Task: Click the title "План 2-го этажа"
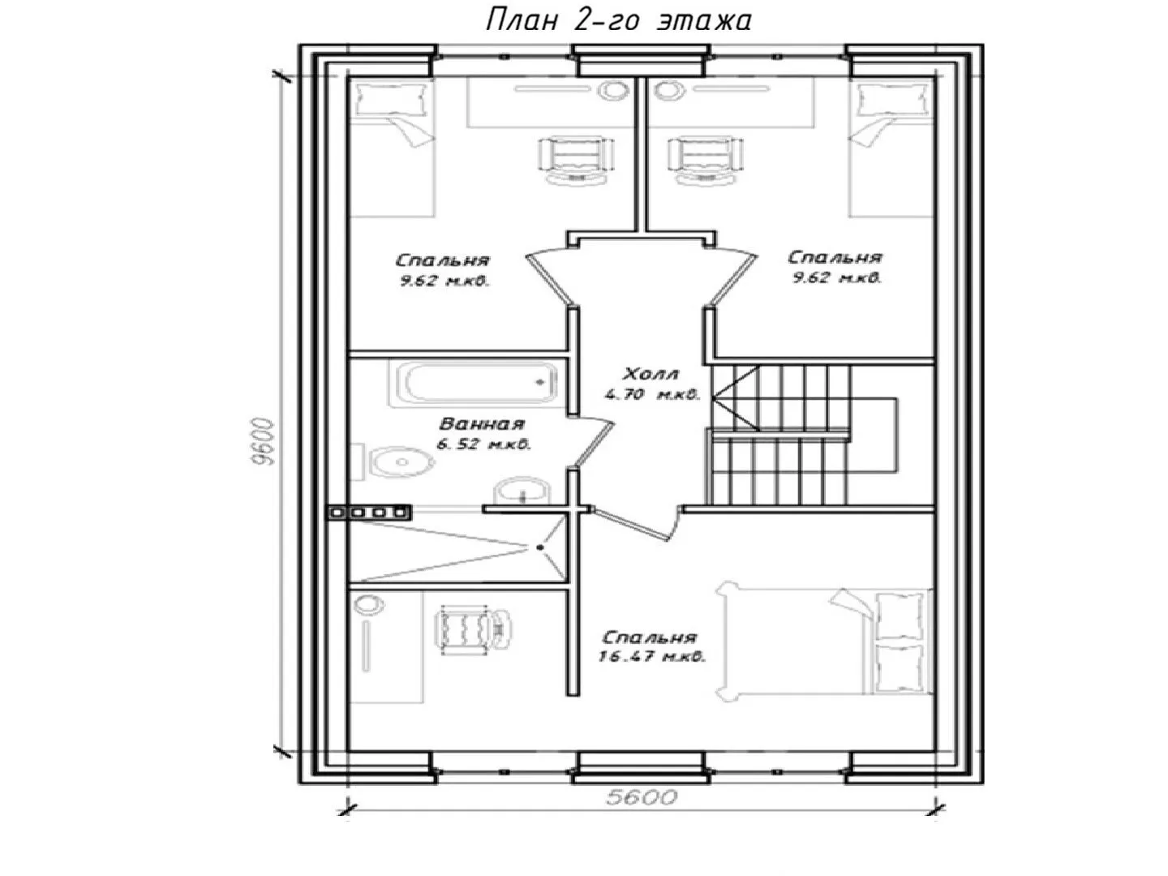(x=618, y=21)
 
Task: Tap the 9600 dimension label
(x=263, y=442)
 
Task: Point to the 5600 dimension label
(x=642, y=797)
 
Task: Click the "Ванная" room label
(x=482, y=424)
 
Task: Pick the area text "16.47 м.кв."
(x=652, y=656)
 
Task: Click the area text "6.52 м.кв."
(x=483, y=444)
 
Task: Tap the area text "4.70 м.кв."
(x=652, y=394)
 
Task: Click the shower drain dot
(x=541, y=547)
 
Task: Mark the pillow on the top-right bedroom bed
(x=894, y=100)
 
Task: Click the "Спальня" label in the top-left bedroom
(x=442, y=260)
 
